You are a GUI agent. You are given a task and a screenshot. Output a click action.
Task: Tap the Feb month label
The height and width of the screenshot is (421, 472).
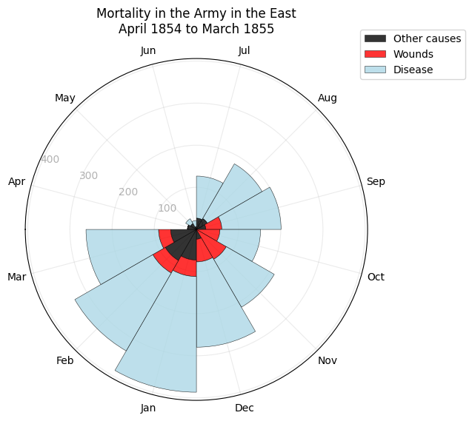point(65,360)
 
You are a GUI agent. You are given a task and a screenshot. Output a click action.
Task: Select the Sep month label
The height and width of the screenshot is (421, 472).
point(376,181)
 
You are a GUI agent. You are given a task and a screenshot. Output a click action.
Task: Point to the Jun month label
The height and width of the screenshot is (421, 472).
point(148,51)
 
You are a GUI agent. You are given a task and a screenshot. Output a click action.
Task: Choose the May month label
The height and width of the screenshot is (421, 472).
point(65,98)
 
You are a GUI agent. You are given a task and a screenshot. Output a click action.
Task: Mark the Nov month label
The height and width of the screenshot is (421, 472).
point(328,360)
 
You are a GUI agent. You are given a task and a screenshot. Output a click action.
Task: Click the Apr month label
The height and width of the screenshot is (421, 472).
point(17,181)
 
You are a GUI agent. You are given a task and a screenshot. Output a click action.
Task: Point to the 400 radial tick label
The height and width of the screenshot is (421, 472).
point(50,159)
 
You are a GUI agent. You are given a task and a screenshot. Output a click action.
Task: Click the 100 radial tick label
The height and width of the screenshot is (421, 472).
point(167,208)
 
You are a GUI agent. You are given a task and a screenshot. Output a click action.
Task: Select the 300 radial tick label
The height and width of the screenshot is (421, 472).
point(89,176)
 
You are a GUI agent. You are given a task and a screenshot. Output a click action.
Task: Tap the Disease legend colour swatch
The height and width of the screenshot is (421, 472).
point(376,70)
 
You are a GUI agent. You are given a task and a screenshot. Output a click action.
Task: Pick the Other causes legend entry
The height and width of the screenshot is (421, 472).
point(427,38)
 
